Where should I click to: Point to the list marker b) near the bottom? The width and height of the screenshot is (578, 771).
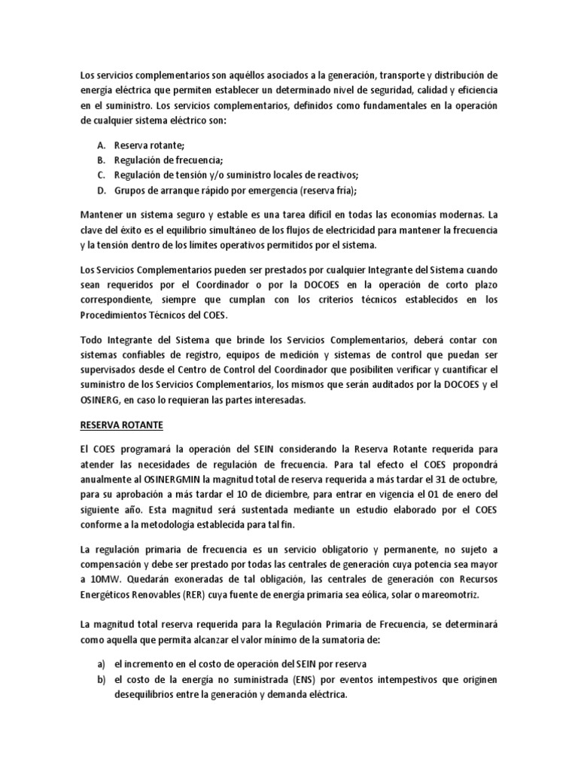(x=101, y=680)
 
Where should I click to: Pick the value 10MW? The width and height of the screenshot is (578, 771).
(x=97, y=580)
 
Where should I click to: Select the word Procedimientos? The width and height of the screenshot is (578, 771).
(x=115, y=315)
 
